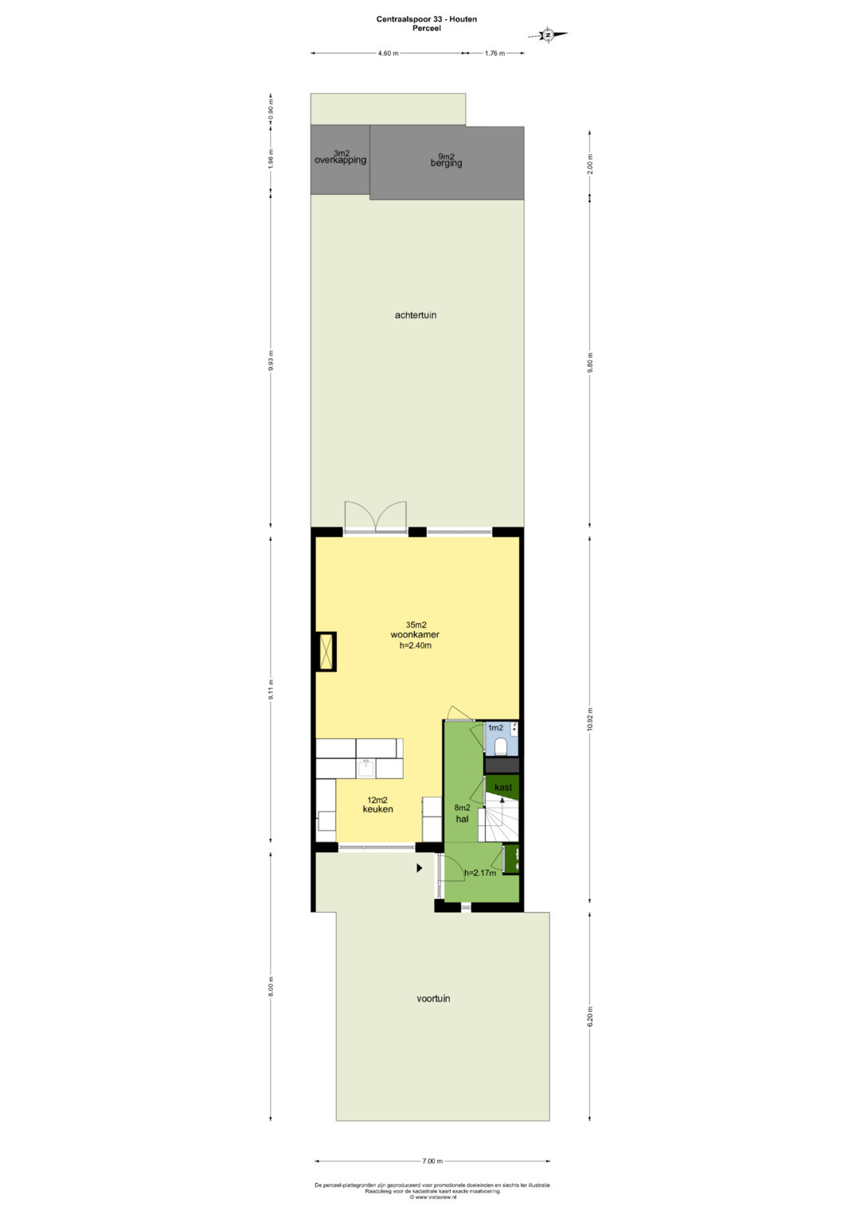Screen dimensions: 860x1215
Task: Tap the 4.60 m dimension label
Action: (388, 53)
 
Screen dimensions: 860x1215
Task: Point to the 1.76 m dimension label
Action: (494, 53)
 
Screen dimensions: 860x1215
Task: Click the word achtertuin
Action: (416, 315)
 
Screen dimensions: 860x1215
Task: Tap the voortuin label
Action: (433, 999)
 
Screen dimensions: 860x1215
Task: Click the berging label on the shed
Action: (446, 163)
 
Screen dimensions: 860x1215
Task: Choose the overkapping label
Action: (341, 161)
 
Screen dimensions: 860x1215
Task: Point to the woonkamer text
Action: (415, 635)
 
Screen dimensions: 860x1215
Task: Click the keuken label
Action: (378, 809)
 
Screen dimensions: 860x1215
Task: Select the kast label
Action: (502, 787)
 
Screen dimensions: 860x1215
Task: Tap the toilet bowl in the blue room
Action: (501, 748)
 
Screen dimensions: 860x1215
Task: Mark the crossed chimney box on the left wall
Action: (326, 652)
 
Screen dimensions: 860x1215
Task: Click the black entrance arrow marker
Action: (419, 868)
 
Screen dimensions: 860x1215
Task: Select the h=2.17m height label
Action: (480, 874)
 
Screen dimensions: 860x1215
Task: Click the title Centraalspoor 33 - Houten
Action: (427, 19)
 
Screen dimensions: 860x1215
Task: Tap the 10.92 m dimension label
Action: (590, 719)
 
